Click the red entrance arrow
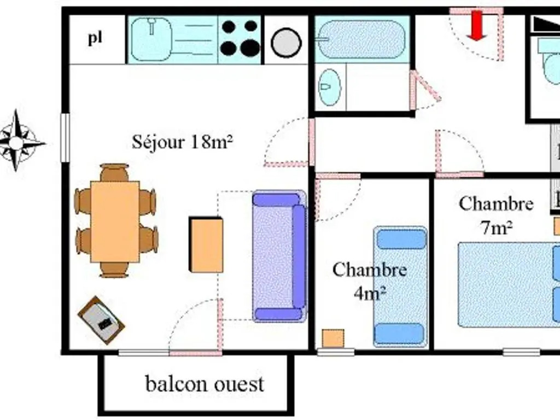[477, 25]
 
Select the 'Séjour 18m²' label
[183, 142]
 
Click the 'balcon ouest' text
[205, 383]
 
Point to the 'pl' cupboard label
[96, 39]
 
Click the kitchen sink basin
[151, 39]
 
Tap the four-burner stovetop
[240, 38]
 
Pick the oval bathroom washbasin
[330, 87]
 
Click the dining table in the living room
[115, 221]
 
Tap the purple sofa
[279, 256]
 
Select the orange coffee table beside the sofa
[206, 244]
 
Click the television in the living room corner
[101, 320]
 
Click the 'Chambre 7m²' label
[496, 215]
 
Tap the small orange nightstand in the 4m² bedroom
[332, 338]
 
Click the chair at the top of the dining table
[115, 172]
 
